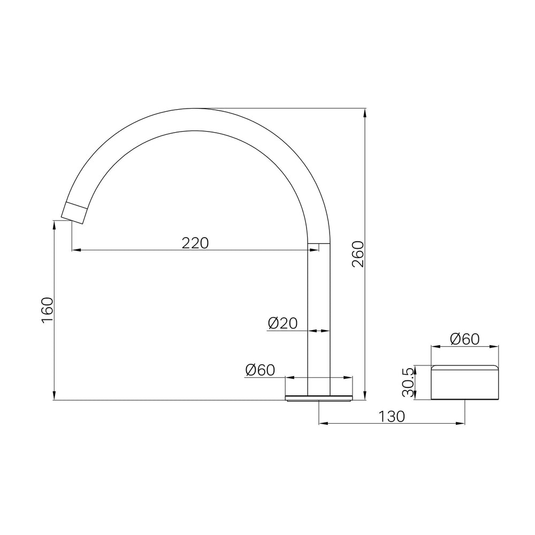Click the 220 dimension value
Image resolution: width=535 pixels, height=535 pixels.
point(195,243)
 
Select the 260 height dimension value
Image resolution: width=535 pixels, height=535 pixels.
point(358,254)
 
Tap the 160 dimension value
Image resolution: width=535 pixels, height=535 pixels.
point(48,310)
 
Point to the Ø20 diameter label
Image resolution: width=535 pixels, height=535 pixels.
point(282,323)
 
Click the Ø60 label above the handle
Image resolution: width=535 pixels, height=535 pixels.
point(465,339)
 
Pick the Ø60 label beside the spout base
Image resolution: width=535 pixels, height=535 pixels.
point(260,370)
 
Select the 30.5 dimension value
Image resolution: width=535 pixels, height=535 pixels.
point(408,382)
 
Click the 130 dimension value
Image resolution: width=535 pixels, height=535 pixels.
point(392,416)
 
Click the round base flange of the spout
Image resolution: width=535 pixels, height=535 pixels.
point(319,398)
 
